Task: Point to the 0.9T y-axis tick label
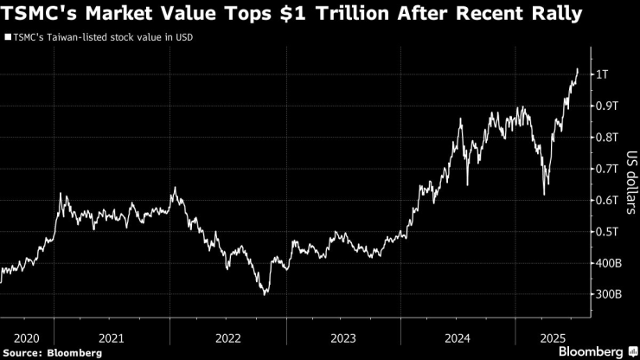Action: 605,106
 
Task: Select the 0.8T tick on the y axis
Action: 605,137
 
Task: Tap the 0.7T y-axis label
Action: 605,169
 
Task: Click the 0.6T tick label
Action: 605,200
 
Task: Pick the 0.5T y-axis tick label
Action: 605,231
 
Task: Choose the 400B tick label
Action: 607,263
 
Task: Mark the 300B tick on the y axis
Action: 607,294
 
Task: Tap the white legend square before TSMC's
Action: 8,37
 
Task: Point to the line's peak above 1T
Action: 578,68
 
